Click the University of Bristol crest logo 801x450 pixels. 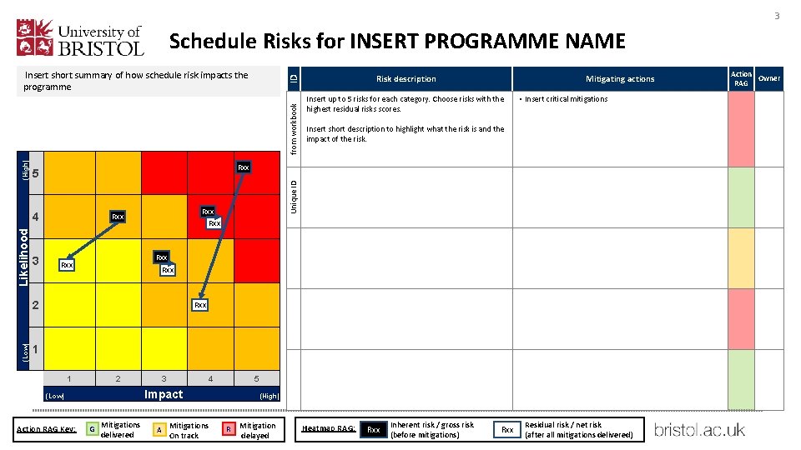point(37,38)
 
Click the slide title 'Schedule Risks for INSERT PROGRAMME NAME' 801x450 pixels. point(396,41)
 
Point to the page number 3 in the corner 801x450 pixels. point(776,16)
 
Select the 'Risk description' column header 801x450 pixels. point(406,79)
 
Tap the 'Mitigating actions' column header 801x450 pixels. point(619,79)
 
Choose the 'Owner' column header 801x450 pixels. point(768,79)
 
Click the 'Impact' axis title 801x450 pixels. point(164,395)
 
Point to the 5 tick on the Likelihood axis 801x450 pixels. point(36,173)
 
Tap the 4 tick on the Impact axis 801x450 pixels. point(210,379)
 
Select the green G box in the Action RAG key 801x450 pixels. point(92,429)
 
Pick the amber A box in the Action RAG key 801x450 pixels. point(159,429)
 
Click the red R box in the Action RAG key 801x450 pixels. point(228,429)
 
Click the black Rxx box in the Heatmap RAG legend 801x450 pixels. point(374,430)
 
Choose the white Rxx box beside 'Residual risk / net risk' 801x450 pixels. point(506,430)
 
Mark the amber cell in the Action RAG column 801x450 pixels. point(741,258)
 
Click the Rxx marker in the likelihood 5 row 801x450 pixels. point(243,167)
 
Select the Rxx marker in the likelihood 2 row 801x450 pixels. point(200,305)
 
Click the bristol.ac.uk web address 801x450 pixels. point(699,430)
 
